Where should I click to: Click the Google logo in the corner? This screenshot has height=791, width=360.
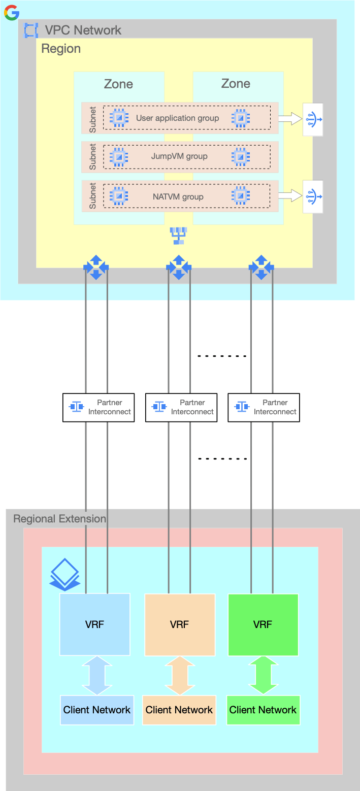12,12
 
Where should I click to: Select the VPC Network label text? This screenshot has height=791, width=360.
83,30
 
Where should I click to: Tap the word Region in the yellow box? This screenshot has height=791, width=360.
61,49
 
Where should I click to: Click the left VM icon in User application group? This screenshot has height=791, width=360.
119,118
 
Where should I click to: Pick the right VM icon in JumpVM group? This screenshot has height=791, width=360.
241,156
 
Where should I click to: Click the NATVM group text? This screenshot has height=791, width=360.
178,196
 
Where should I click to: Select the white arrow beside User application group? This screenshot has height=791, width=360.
290,119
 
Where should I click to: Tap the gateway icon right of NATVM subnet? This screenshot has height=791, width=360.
313,196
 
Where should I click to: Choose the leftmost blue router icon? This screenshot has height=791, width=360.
96,267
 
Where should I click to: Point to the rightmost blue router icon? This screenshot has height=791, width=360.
261,267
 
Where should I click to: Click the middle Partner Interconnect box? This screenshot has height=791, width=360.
181,407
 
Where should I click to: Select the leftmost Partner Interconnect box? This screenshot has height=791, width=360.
99,407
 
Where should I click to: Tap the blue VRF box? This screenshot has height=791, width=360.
95,624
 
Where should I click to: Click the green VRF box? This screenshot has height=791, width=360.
263,624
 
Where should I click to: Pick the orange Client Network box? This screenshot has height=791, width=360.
179,710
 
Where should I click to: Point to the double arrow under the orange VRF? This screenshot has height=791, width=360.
179,675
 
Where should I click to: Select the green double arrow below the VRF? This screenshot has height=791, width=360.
263,675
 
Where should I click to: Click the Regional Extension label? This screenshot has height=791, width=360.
59,519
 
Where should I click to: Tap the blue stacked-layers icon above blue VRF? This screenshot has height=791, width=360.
64,574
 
